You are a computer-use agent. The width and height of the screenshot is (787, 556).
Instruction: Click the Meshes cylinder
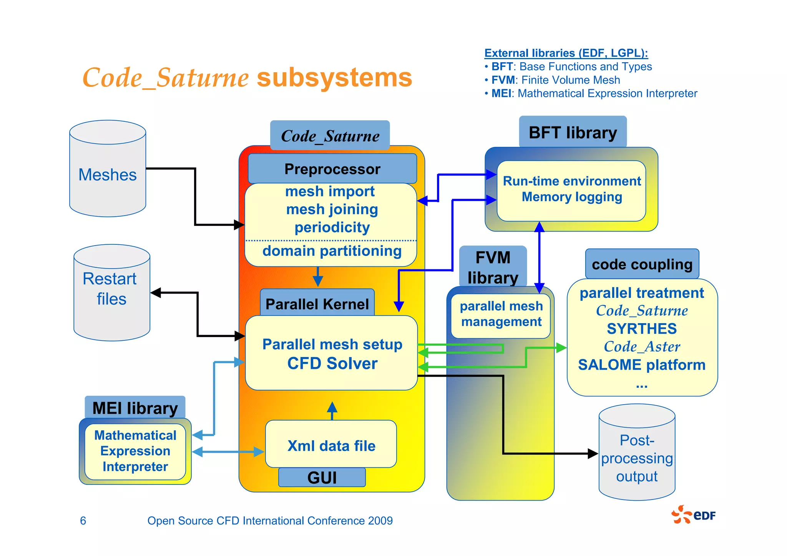[108, 175]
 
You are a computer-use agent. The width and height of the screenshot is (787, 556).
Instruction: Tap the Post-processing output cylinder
[637, 457]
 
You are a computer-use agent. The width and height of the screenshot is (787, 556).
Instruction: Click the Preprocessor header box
[332, 169]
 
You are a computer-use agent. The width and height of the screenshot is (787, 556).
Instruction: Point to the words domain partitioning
[332, 251]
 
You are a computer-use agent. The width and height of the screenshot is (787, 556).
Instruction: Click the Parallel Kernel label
[317, 304]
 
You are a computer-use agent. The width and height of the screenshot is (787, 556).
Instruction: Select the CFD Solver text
[332, 363]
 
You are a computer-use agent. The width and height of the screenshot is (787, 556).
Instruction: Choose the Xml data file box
[331, 445]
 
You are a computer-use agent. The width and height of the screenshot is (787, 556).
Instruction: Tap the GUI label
[322, 478]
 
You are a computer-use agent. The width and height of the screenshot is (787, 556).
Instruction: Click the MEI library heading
[135, 408]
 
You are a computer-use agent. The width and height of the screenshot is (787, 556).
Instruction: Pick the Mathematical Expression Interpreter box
[135, 451]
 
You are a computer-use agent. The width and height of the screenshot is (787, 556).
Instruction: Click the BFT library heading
[573, 133]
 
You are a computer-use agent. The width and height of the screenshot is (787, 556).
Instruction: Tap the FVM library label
[493, 267]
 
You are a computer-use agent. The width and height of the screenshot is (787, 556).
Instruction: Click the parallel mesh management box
[501, 314]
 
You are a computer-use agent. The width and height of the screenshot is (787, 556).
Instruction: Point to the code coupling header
[642, 264]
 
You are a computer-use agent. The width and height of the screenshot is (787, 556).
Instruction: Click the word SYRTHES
[642, 329]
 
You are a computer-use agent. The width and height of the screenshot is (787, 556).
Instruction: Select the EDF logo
[694, 515]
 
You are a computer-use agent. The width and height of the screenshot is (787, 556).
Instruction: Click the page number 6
[83, 521]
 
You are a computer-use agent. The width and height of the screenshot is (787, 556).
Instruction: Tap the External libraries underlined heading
[566, 53]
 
